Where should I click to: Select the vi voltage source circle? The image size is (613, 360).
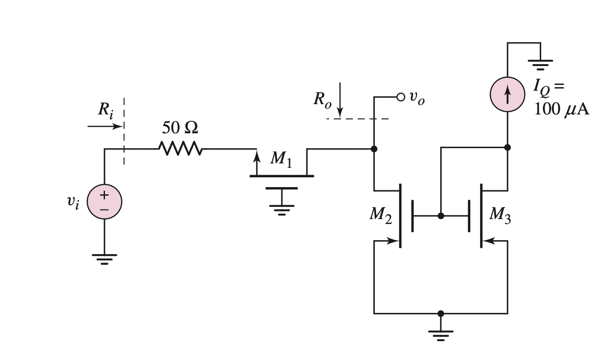point(104,202)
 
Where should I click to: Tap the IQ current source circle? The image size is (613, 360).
point(508,94)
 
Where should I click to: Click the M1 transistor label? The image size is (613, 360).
point(281,159)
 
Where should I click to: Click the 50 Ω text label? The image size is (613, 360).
point(180,128)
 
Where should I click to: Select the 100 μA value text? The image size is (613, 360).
point(561,110)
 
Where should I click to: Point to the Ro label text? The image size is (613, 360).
point(322,100)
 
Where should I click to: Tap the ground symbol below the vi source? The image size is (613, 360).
point(104,258)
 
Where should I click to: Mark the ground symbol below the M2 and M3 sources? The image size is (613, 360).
point(441,334)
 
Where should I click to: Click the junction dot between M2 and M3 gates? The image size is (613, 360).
point(441,216)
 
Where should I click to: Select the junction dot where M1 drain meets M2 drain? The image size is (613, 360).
point(374,149)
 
